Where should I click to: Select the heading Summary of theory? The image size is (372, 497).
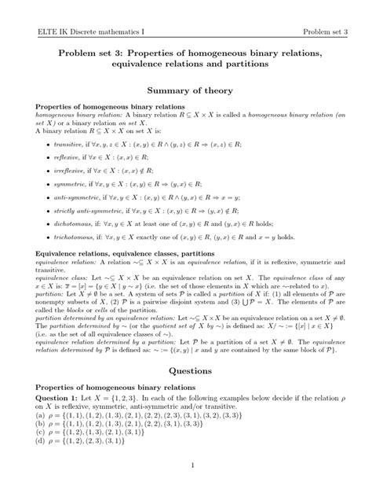(186, 91)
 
